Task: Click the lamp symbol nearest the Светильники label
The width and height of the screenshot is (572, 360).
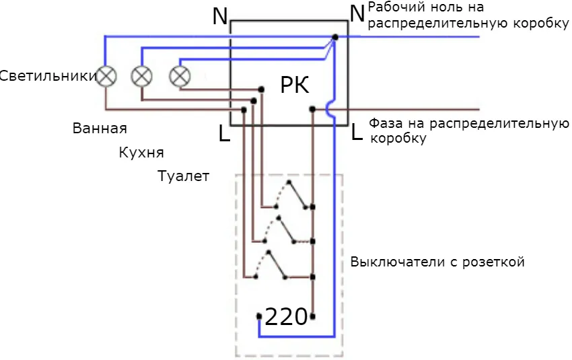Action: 106,76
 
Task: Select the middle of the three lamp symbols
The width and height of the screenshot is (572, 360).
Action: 141,76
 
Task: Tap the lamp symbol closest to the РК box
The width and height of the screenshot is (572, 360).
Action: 179,76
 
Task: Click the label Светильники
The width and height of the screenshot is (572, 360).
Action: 48,76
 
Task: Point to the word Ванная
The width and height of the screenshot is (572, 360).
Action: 100,128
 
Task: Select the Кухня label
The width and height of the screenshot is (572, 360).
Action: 141,152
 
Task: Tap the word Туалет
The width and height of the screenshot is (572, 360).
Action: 183,176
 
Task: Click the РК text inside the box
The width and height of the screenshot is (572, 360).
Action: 295,86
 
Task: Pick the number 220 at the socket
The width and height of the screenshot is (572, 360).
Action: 286,316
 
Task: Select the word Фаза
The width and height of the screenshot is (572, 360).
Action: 386,124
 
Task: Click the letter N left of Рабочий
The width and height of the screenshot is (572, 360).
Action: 357,12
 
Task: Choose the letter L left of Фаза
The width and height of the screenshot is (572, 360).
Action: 357,133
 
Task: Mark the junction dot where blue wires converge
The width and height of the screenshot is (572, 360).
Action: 334,38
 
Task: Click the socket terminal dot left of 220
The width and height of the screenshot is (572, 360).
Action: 260,315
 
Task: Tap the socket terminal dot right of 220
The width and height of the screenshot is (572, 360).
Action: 313,315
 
